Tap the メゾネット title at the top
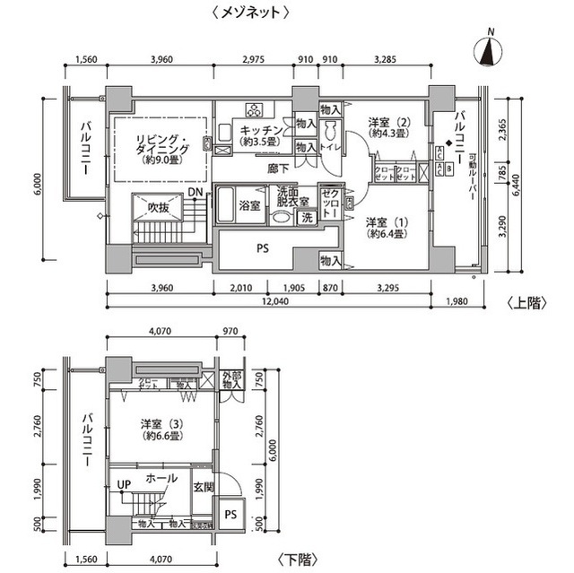click(x=252, y=12)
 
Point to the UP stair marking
click(x=123, y=485)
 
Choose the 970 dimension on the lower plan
click(x=230, y=331)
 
